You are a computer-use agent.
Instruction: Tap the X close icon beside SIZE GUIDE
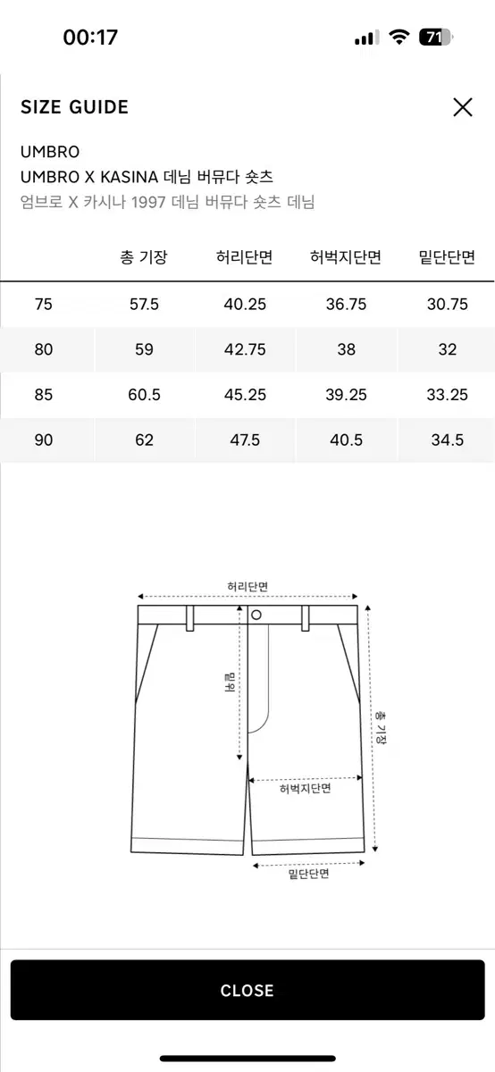463,106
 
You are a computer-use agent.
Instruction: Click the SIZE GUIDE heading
74,107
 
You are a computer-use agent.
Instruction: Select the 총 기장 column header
144,257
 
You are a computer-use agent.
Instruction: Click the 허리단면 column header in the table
244,257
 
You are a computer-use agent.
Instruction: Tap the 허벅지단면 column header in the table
346,257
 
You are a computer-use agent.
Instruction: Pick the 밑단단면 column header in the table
447,257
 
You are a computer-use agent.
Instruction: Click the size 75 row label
43,304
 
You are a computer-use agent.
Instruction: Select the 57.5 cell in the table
144,304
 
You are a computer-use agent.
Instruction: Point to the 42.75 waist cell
245,349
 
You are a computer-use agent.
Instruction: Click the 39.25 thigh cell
346,395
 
